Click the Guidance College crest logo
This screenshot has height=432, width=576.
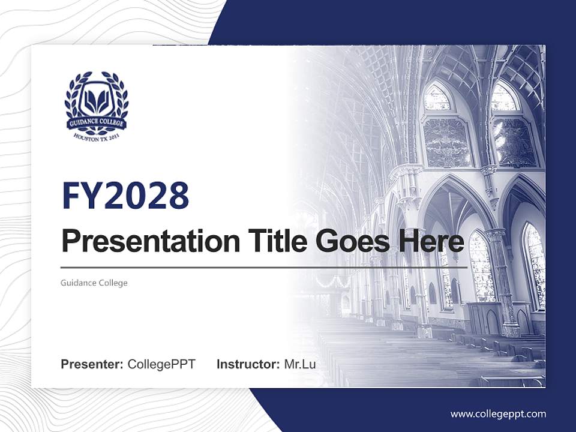coord(96,105)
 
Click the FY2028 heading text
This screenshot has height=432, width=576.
coord(125,195)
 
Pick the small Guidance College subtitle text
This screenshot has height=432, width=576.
coord(94,283)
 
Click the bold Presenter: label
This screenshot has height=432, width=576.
coord(92,364)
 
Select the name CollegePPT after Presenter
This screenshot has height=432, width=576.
coord(161,364)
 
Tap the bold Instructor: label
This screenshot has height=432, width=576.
coord(248,364)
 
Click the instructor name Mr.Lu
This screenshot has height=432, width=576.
coord(300,364)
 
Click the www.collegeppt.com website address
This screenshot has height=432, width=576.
coord(498,414)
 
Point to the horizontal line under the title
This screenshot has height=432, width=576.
coord(264,267)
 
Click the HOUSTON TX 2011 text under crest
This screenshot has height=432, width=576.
coord(96,136)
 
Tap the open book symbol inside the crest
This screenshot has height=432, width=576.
coord(96,100)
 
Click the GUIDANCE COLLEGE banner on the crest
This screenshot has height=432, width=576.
coord(96,123)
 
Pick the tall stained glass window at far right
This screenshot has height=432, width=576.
coord(534,264)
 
